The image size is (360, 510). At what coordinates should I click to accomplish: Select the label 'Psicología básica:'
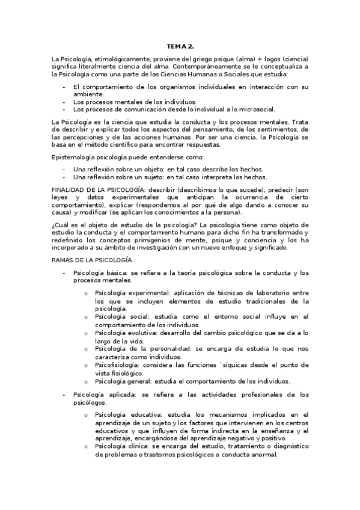coord(100,273)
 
